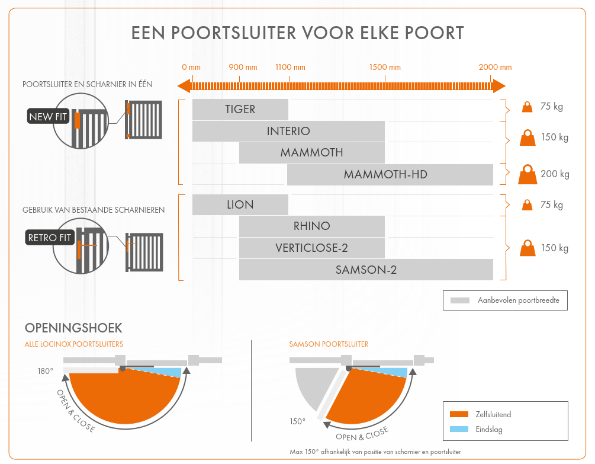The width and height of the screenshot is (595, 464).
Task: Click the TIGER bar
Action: click(240, 110)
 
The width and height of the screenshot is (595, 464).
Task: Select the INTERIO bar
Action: click(288, 131)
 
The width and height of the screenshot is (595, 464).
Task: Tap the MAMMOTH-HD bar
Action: click(390, 174)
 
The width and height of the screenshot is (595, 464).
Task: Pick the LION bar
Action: click(240, 205)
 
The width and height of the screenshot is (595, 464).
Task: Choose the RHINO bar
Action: click(312, 226)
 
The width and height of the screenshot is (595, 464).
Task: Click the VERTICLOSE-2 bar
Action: click(312, 248)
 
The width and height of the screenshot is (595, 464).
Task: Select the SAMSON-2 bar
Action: click(366, 270)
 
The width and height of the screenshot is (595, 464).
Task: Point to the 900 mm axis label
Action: click(243, 68)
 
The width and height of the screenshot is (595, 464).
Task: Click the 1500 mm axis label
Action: click(385, 68)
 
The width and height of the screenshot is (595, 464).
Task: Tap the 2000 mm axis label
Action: click(496, 68)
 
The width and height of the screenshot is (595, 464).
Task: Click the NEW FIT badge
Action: click(48, 117)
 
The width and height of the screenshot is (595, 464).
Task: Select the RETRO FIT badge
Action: click(50, 238)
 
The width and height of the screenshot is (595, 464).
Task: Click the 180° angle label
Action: click(46, 372)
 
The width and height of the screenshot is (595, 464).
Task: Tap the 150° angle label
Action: click(298, 421)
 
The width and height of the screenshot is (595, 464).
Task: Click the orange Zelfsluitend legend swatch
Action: click(459, 414)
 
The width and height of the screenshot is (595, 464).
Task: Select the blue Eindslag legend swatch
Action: click(459, 429)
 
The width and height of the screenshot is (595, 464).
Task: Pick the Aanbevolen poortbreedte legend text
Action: click(518, 300)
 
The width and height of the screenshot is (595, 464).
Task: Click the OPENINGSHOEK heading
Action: click(73, 328)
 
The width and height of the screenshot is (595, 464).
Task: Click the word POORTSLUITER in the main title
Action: click(234, 33)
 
